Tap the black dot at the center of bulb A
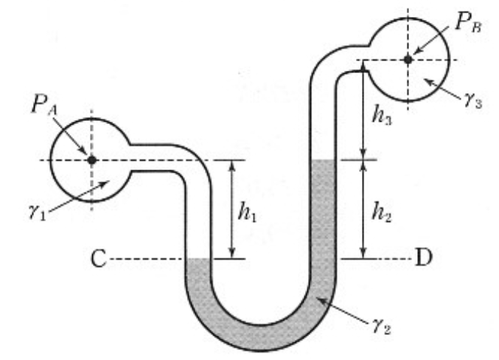click(91, 159)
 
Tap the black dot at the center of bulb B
click(408, 59)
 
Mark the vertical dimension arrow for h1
click(231, 209)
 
